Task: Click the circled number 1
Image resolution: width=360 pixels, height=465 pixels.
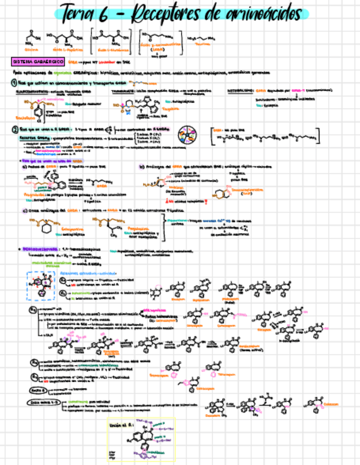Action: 15,83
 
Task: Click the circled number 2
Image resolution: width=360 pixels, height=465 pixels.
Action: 15,130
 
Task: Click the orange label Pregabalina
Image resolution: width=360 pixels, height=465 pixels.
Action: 134,229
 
